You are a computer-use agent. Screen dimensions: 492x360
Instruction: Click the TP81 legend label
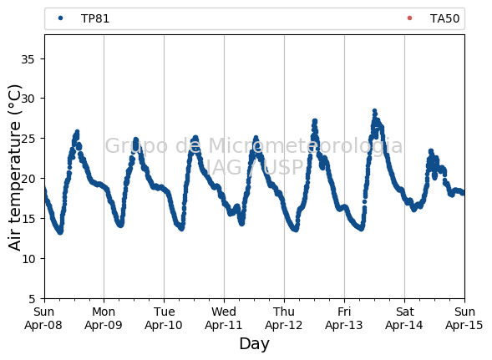(x=95, y=19)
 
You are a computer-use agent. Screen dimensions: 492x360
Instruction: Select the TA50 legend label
(x=444, y=19)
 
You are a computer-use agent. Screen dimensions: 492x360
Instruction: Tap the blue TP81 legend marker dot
(x=60, y=18)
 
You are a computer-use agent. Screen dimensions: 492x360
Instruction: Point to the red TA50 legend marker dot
(x=409, y=18)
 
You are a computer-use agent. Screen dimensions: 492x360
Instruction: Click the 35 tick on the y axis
(x=28, y=59)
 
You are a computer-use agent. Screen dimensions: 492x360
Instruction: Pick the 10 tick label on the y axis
(x=28, y=259)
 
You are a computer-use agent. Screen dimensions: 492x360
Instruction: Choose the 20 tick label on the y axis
(x=28, y=179)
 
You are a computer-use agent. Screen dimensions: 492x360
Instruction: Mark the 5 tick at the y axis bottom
(x=32, y=299)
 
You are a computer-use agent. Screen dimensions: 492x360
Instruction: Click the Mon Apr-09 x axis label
(x=104, y=318)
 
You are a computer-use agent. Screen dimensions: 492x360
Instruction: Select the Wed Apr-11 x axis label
(x=224, y=318)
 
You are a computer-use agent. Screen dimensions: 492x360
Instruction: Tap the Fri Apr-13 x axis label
(x=344, y=318)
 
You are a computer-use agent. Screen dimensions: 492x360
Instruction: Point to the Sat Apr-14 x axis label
(x=404, y=318)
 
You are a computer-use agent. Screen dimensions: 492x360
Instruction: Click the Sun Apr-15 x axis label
(x=464, y=318)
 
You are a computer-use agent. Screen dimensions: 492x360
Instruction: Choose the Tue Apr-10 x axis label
(x=164, y=318)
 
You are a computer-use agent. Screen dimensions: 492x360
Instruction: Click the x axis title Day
(x=254, y=344)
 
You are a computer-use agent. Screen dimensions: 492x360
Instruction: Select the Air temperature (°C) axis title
(x=14, y=168)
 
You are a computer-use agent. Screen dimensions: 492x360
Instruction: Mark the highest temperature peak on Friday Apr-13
(x=374, y=111)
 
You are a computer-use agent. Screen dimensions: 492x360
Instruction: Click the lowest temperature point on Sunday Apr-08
(x=60, y=232)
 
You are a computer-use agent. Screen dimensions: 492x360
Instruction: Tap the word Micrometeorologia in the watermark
(x=305, y=146)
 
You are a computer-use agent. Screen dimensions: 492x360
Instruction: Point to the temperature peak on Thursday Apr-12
(x=315, y=121)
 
